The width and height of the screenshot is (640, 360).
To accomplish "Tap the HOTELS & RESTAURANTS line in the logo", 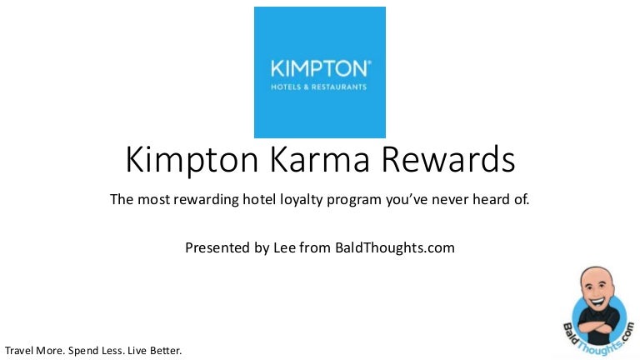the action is [319, 87].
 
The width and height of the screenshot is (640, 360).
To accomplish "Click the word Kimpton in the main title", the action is [192, 160].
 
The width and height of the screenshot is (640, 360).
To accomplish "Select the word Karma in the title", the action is [320, 159].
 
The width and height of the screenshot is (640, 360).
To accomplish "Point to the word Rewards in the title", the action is [448, 159].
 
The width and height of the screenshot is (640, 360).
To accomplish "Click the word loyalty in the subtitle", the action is [302, 200].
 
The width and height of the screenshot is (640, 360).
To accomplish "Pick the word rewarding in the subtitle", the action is [206, 200].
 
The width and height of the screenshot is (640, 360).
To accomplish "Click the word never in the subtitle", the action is [450, 200].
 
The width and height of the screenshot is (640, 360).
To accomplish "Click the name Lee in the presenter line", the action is [284, 247].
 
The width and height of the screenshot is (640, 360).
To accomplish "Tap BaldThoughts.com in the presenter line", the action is [395, 247].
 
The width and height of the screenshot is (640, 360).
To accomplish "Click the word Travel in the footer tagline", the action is [19, 351].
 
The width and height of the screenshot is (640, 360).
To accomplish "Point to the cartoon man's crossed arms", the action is [599, 327].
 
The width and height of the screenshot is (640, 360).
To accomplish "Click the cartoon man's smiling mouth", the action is [597, 302].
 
